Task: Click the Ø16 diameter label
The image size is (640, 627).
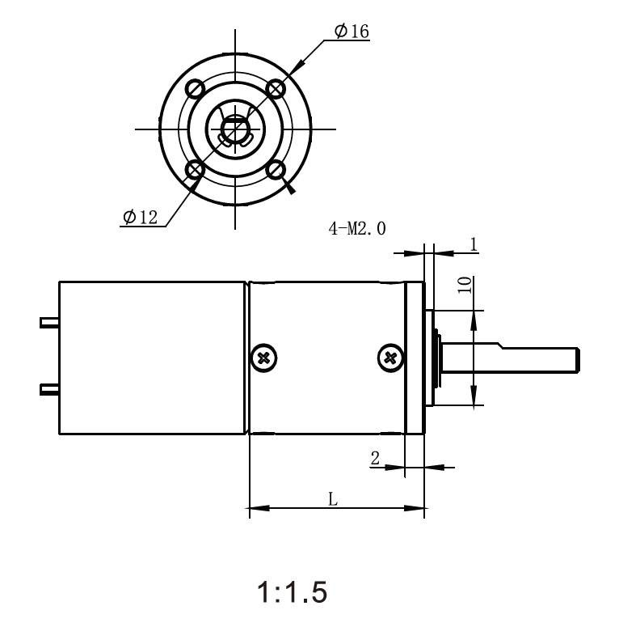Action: (x=351, y=32)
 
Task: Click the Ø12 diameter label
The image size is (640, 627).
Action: (x=141, y=217)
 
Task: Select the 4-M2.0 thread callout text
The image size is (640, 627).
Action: (x=356, y=229)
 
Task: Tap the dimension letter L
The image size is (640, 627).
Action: (x=332, y=499)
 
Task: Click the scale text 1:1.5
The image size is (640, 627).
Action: (x=293, y=593)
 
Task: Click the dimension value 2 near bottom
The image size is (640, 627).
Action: (x=375, y=458)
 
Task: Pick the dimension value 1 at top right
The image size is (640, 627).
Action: (x=474, y=243)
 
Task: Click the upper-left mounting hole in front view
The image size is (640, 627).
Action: (x=194, y=87)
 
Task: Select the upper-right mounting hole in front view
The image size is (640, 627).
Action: (x=276, y=87)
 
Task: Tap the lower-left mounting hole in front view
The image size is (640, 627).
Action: (x=194, y=169)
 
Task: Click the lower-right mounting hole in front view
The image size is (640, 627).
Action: (x=276, y=169)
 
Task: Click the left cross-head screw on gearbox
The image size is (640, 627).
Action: (x=263, y=357)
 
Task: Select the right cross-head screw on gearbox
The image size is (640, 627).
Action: (x=390, y=357)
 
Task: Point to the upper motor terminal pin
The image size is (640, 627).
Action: (x=49, y=323)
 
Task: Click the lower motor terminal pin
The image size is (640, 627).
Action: (x=49, y=391)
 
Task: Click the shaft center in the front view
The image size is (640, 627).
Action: (x=235, y=129)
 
